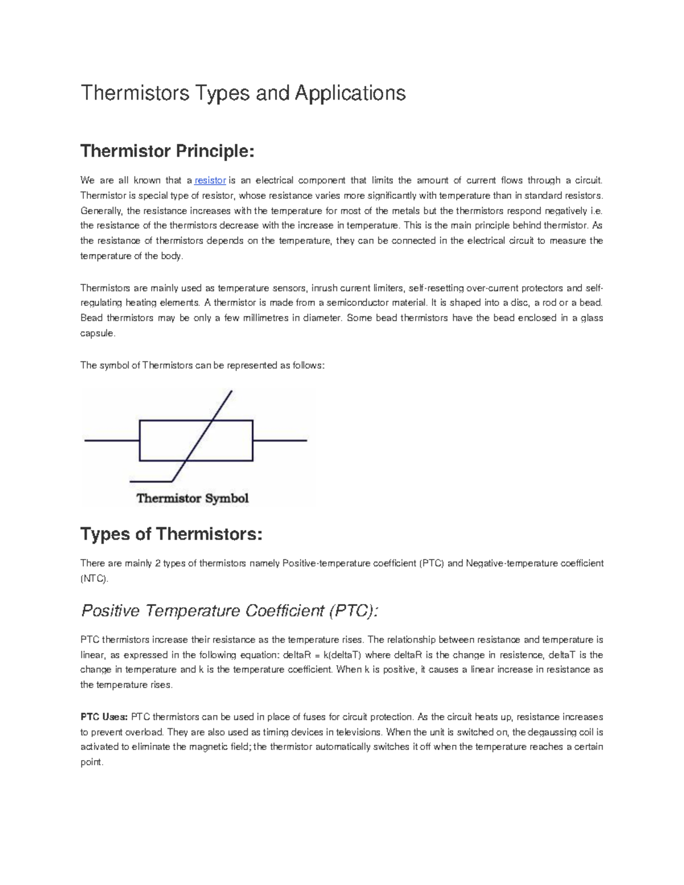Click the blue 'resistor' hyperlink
coord(210,181)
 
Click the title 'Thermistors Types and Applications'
coord(243,93)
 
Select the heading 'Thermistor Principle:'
coord(166,151)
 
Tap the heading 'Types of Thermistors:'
coord(172,534)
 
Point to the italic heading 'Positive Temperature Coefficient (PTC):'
coord(230,611)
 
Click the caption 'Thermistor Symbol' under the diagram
coord(193,499)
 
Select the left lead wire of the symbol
coord(112,441)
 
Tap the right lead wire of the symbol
coord(279,441)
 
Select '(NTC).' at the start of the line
coord(93,578)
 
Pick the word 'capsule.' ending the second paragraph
coord(97,333)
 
